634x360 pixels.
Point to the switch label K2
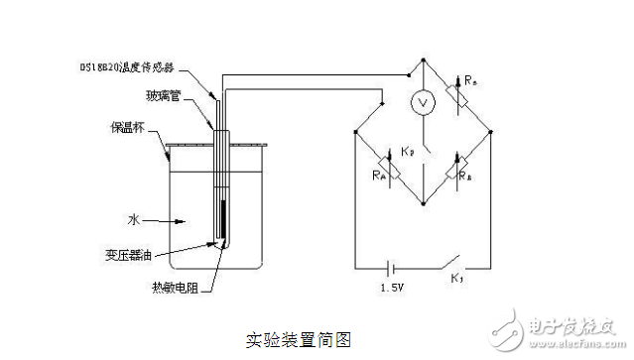[x=408, y=151]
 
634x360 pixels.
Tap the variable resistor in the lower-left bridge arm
[x=391, y=170]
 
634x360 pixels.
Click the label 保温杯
[x=128, y=128]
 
